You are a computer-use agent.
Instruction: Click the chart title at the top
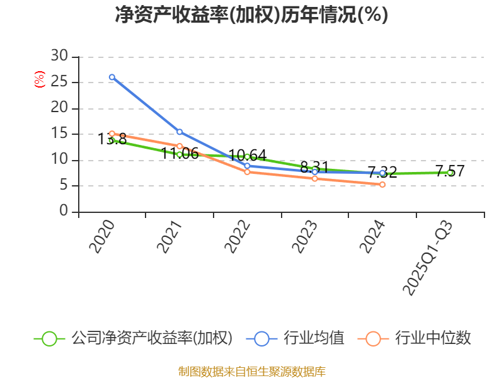pyautogui.click(x=251, y=14)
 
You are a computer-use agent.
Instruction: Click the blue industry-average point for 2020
pyautogui.click(x=112, y=77)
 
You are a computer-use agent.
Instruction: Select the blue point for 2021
pyautogui.click(x=180, y=132)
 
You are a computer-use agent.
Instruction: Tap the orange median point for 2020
pyautogui.click(x=112, y=134)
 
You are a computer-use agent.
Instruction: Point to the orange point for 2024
pyautogui.click(x=382, y=185)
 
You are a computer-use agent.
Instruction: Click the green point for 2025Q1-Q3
pyautogui.click(x=450, y=173)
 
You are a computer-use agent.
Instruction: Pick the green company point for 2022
pyautogui.click(x=247, y=156)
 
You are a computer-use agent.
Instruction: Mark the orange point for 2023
pyautogui.click(x=315, y=178)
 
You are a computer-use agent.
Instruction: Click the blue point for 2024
pyautogui.click(x=382, y=173)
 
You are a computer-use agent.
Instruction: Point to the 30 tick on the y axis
pyautogui.click(x=60, y=56)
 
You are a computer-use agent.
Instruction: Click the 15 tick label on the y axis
pyautogui.click(x=60, y=134)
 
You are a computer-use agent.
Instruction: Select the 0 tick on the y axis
pyautogui.click(x=64, y=212)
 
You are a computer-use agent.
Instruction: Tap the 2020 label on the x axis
pyautogui.click(x=102, y=236)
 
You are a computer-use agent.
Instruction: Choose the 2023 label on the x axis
pyautogui.click(x=305, y=236)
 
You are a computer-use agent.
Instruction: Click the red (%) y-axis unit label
pyautogui.click(x=40, y=79)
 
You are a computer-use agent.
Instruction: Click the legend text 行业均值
pyautogui.click(x=314, y=338)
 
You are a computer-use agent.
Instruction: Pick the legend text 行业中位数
pyautogui.click(x=433, y=338)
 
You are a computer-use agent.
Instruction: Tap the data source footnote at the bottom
pyautogui.click(x=251, y=371)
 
